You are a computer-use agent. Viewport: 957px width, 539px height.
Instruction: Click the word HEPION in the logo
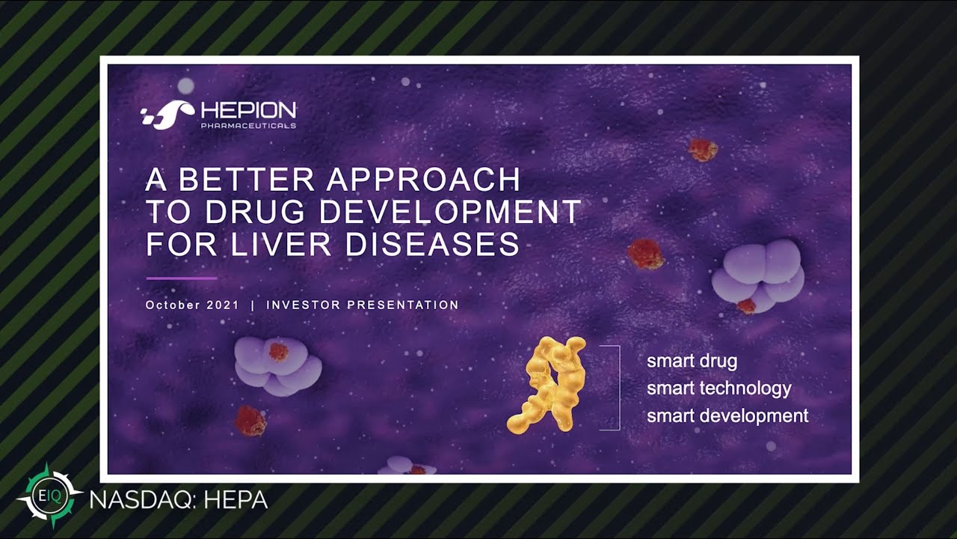click(248, 111)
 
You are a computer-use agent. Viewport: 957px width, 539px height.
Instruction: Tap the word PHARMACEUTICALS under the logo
click(248, 126)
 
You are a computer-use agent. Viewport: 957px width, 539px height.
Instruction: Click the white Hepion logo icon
click(168, 115)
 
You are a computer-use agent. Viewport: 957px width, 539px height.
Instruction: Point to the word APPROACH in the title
click(424, 180)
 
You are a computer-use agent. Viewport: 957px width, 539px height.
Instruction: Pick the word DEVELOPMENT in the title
click(450, 213)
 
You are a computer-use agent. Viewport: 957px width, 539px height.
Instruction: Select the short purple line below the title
click(181, 278)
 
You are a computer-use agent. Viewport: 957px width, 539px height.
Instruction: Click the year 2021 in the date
click(224, 305)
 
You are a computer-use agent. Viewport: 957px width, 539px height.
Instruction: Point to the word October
click(173, 305)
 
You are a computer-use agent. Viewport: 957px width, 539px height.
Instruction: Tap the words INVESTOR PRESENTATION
click(363, 305)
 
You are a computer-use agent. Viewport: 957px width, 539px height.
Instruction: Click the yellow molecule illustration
click(547, 384)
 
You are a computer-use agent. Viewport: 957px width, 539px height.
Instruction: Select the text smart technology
click(718, 389)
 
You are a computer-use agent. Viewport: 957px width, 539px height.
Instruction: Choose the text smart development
click(727, 416)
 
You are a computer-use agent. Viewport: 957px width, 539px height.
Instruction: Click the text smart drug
click(692, 361)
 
